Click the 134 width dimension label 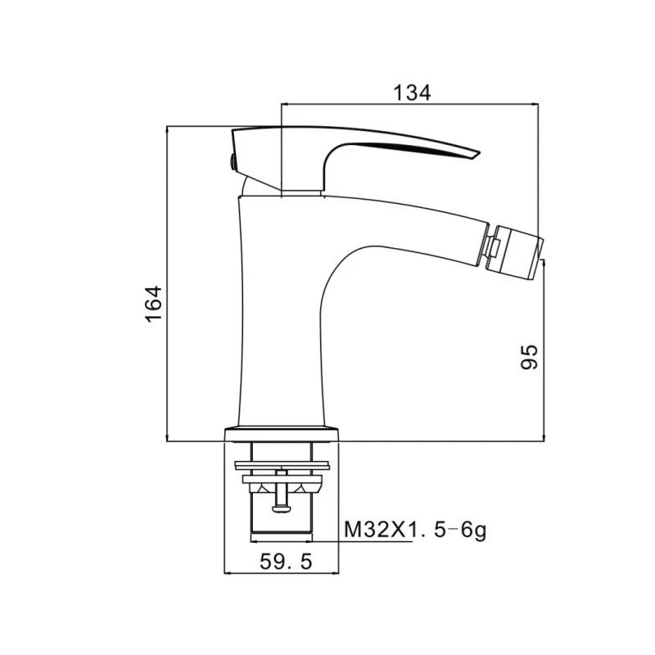click(412, 93)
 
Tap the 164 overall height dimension click(154, 304)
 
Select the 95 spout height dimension click(529, 357)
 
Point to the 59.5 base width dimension click(286, 562)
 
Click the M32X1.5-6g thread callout click(415, 531)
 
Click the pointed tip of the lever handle click(479, 155)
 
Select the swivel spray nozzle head click(516, 253)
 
